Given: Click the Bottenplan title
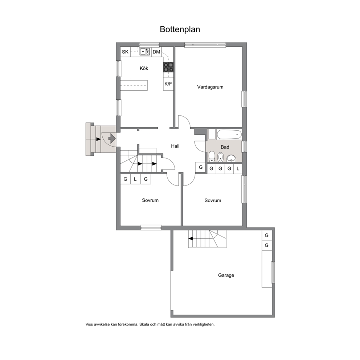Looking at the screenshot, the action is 180,29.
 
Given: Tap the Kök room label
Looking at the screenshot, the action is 144,68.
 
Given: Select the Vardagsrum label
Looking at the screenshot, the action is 210,87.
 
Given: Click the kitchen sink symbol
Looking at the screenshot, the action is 145,52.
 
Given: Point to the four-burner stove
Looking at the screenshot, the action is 168,67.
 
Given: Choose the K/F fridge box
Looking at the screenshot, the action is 168,84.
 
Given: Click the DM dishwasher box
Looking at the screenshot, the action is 156,52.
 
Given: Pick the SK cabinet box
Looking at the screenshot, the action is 125,52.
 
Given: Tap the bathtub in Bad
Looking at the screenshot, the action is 229,135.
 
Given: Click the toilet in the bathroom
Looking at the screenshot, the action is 212,156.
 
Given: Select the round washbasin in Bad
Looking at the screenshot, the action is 231,158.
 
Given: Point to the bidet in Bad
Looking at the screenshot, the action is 220,157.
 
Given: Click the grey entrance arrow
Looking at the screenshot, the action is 112,138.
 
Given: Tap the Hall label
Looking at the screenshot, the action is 175,146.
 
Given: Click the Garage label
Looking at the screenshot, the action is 226,275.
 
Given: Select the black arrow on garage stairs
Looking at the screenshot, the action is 191,238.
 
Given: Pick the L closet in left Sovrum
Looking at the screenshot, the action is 135,179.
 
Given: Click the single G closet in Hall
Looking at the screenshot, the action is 200,167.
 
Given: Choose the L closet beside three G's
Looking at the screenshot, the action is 238,168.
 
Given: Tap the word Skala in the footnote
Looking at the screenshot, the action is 144,324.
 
